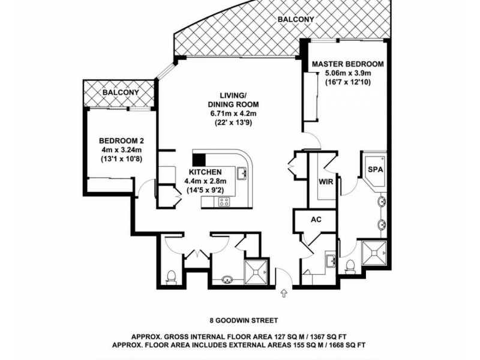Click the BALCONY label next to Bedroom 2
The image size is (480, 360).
click(121, 93)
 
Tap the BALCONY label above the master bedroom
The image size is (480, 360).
click(296, 19)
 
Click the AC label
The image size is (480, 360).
click(316, 219)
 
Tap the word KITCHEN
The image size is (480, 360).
click(205, 171)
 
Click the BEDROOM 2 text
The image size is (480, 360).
click(121, 142)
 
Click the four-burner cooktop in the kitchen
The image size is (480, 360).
click(223, 201)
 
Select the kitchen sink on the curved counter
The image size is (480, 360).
click(242, 174)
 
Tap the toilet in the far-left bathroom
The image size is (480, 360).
click(171, 276)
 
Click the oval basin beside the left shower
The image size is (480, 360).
click(227, 278)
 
